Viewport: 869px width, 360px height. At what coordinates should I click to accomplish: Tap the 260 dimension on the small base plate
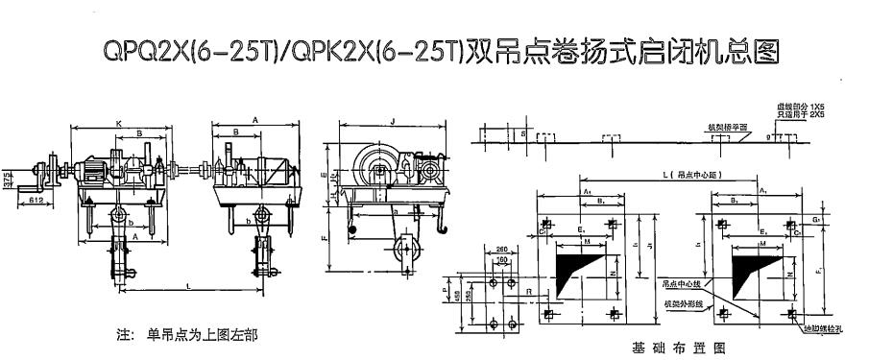(x=502, y=251)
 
